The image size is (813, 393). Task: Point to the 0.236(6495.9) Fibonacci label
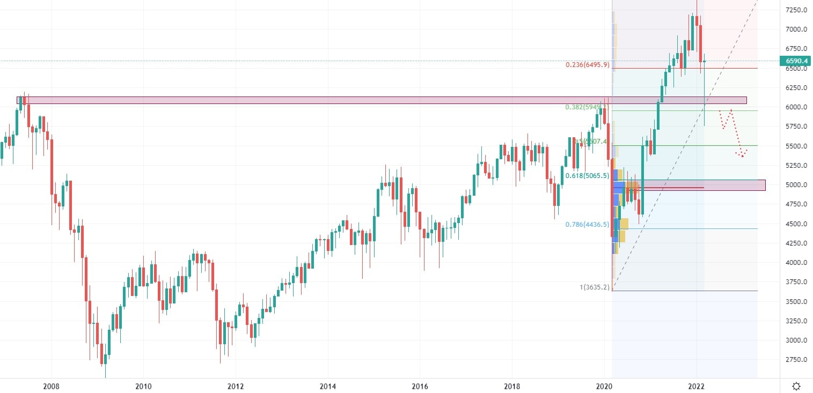point(587,65)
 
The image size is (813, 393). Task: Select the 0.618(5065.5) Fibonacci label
point(587,175)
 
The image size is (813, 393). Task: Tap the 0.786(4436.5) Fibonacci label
point(587,225)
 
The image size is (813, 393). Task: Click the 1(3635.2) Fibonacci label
point(594,287)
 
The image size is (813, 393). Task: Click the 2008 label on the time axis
point(51,386)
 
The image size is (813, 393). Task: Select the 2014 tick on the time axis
point(327,386)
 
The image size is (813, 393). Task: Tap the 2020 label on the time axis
point(604,386)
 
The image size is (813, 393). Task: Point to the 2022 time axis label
point(697,386)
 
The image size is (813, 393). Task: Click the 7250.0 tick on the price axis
point(796,10)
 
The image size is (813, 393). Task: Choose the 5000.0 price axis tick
point(796,185)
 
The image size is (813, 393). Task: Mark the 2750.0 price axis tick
point(796,360)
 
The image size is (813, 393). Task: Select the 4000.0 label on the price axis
point(796,263)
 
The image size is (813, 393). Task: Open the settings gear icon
point(796,386)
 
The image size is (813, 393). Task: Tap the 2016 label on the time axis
point(420,386)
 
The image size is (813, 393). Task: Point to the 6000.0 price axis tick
point(796,107)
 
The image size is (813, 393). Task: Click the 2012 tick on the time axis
point(236,386)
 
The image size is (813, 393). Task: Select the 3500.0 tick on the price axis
point(796,302)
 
